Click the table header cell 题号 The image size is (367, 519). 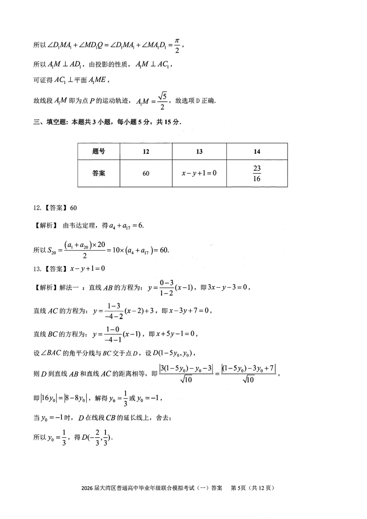pos(99,151)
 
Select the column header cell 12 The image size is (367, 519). pos(146,152)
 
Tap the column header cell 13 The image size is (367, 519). pos(199,152)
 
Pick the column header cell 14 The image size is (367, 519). pos(257,152)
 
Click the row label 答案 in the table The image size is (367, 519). pos(99,173)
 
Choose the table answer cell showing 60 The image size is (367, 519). pos(146,174)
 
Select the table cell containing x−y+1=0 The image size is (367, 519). pos(199,173)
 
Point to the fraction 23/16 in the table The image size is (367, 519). pos(257,173)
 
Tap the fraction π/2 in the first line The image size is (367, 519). pos(177,45)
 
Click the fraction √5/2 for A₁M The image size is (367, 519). pos(162,101)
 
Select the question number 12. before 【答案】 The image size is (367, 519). pos(37,208)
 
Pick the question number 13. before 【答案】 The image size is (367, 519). pos(37,269)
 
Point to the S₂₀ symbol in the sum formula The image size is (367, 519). pos(52,251)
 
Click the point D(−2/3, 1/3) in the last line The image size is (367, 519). pos(97,437)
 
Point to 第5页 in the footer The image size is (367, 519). pos(238,488)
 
